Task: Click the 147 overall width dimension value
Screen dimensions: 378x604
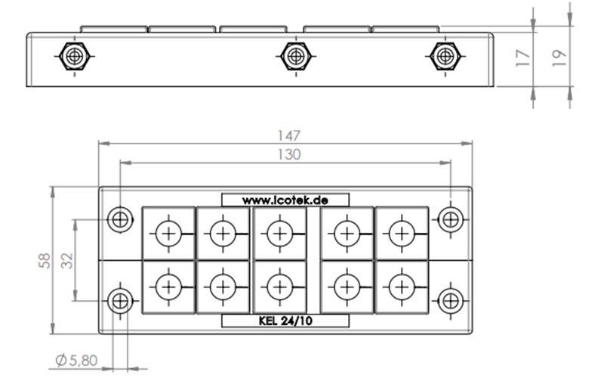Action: (288, 136)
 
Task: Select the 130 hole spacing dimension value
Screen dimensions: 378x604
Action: (288, 155)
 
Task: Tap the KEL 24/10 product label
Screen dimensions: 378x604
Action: (285, 321)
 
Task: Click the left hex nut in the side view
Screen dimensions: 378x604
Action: (74, 57)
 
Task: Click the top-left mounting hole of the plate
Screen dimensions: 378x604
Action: (119, 220)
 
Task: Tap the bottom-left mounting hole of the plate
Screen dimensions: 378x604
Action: (119, 301)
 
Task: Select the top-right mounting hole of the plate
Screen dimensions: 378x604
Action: (451, 220)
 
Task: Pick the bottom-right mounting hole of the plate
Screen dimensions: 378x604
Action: (451, 301)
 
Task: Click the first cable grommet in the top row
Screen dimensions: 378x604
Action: (168, 234)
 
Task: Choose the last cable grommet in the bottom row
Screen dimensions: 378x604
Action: (401, 287)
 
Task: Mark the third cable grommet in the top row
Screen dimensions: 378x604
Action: (279, 234)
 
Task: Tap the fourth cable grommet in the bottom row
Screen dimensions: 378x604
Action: (347, 287)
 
